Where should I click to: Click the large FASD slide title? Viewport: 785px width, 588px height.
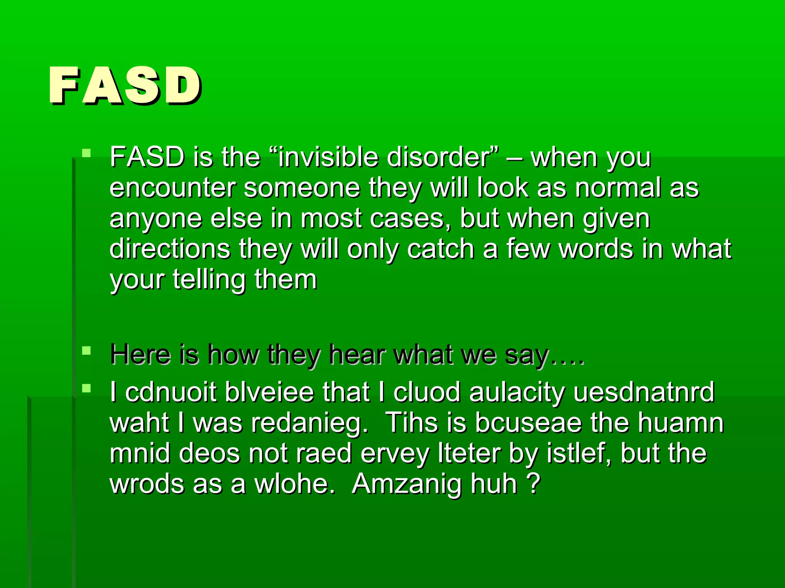(125, 85)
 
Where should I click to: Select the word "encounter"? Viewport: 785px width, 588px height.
(172, 188)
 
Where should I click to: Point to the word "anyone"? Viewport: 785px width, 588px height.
(156, 219)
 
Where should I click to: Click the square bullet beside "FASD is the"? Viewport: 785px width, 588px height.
(87, 154)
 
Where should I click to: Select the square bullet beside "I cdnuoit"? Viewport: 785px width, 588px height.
(87, 389)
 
